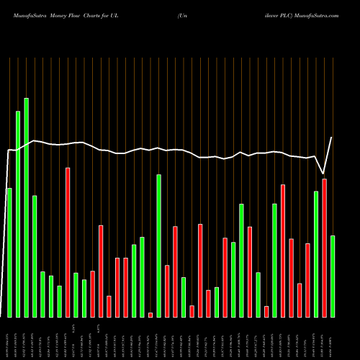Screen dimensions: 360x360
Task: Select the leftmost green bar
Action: click(9, 252)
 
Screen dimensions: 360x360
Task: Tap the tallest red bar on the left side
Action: click(68, 242)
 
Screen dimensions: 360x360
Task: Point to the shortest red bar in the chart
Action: click(150, 315)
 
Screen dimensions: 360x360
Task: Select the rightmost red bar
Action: click(324, 248)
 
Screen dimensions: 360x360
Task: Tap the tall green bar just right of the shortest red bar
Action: click(158, 246)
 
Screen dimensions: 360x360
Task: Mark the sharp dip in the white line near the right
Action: click(323, 174)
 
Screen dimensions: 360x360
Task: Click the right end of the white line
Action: click(332, 138)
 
